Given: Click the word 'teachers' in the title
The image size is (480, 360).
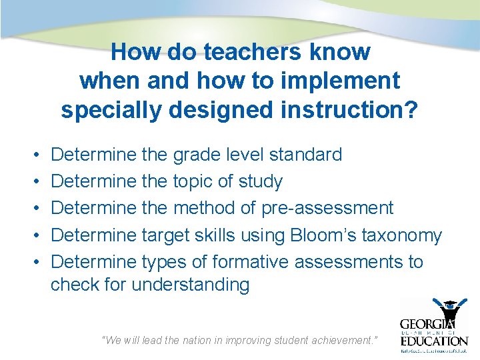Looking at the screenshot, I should [x=249, y=51].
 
